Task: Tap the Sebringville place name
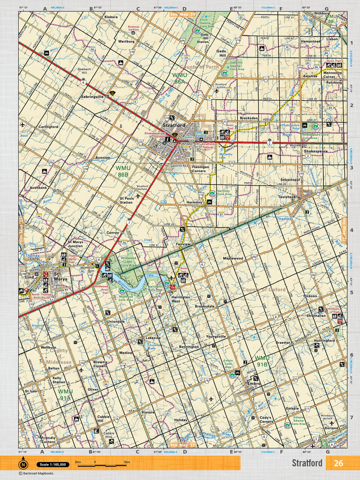click(x=92, y=97)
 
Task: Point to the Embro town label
click(x=253, y=384)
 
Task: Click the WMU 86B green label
click(x=122, y=171)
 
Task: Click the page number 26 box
click(x=338, y=463)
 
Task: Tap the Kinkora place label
click(x=111, y=17)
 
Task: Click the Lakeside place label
click(x=153, y=338)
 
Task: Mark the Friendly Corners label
click(x=48, y=440)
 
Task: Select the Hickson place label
click(x=310, y=296)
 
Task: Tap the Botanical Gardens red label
click(x=134, y=28)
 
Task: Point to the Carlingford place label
click(x=48, y=127)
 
